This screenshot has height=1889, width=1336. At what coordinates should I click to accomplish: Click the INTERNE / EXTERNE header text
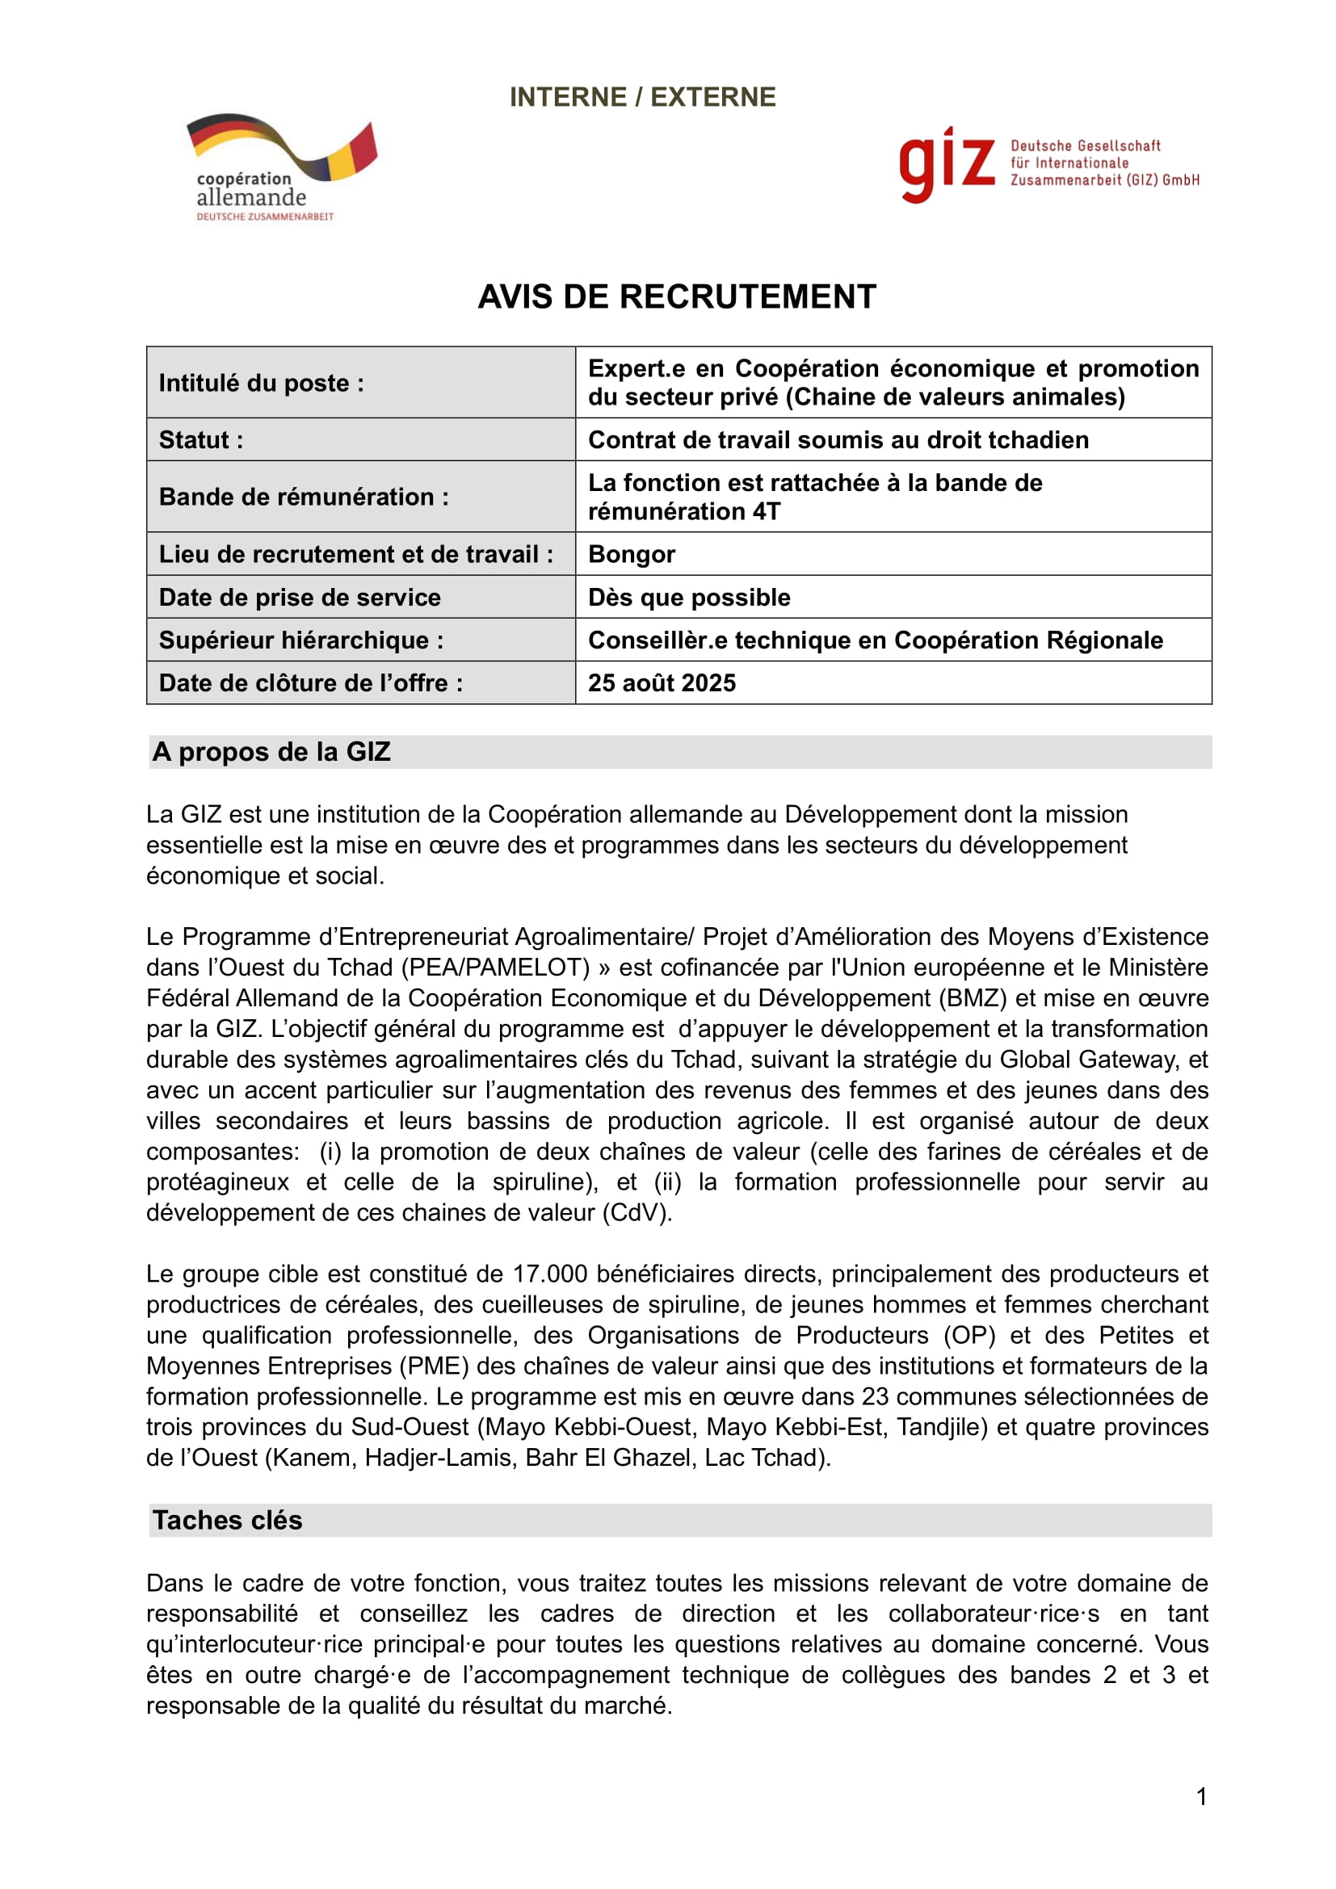pyautogui.click(x=642, y=97)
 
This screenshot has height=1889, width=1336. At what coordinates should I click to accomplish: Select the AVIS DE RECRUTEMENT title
pyautogui.click(x=676, y=297)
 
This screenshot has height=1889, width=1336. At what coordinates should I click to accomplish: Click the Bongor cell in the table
pyautogui.click(x=631, y=554)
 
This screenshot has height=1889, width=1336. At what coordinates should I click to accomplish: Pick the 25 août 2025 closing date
pyautogui.click(x=662, y=682)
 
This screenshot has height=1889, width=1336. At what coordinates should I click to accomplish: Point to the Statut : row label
pyautogui.click(x=201, y=439)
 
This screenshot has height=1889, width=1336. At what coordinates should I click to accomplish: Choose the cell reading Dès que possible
pyautogui.click(x=688, y=597)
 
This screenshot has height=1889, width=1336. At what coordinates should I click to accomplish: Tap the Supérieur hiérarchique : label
pyautogui.click(x=301, y=640)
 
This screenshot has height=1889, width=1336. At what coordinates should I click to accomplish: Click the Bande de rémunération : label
pyautogui.click(x=304, y=496)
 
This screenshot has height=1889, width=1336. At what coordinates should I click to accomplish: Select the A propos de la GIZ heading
pyautogui.click(x=271, y=751)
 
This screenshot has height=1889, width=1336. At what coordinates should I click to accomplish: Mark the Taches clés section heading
pyautogui.click(x=227, y=1520)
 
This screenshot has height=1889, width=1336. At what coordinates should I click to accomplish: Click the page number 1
pyautogui.click(x=1201, y=1796)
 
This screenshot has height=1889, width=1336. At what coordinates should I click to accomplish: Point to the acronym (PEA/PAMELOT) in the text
pyautogui.click(x=495, y=967)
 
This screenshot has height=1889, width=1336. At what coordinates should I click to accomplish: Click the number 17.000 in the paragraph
pyautogui.click(x=549, y=1274)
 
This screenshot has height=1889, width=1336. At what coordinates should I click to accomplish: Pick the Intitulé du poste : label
pyautogui.click(x=261, y=383)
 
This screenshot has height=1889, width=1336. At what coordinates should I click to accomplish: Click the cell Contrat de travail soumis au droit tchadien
pyautogui.click(x=838, y=439)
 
